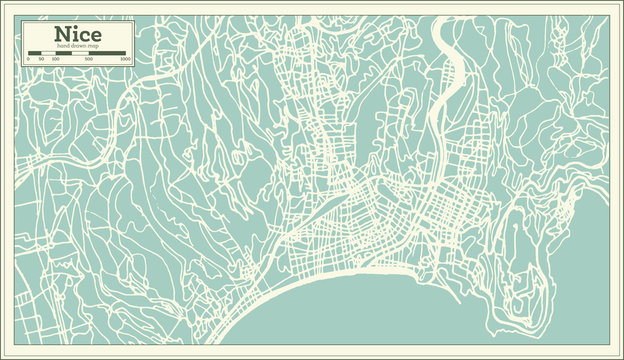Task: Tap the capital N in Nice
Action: pyautogui.click(x=62, y=34)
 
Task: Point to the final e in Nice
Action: pyautogui.click(x=95, y=36)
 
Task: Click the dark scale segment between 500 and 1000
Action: pyautogui.click(x=108, y=54)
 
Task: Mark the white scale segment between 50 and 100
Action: pyautogui.click(x=48, y=54)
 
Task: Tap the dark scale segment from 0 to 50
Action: pyautogui.click(x=35, y=54)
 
